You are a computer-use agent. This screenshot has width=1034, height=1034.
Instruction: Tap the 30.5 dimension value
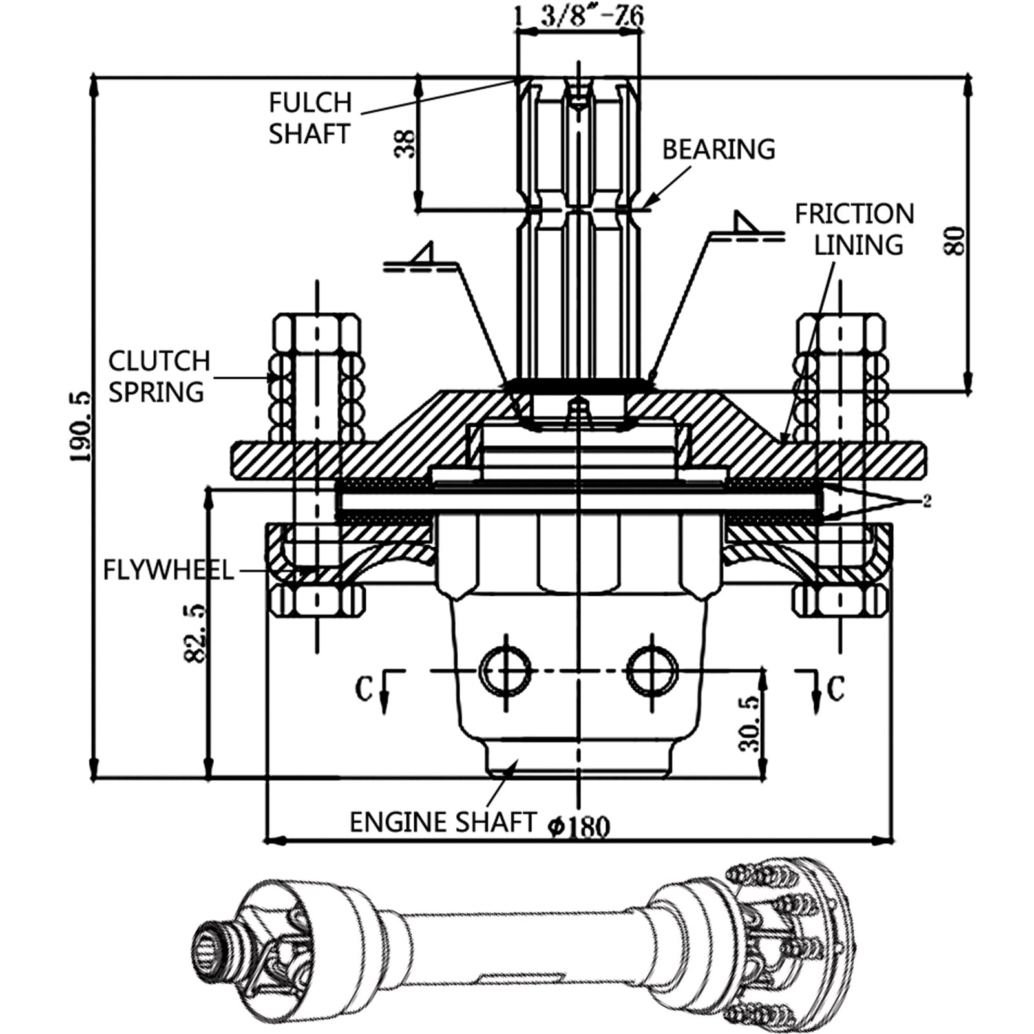[749, 724]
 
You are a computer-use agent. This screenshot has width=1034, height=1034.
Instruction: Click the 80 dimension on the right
[956, 240]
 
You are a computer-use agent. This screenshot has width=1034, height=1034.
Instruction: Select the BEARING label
[718, 149]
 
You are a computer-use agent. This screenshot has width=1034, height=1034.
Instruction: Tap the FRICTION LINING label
[855, 229]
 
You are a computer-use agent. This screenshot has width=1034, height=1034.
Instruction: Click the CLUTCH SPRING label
[159, 376]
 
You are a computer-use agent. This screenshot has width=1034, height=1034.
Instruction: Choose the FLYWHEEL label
[168, 571]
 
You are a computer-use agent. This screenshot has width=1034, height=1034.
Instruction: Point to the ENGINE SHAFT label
[443, 822]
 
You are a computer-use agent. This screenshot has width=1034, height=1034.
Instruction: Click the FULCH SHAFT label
[310, 118]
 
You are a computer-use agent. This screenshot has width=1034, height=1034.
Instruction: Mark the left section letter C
[364, 689]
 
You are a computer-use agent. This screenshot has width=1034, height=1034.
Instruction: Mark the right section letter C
[836, 689]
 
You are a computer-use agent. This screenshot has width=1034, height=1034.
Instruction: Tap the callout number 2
[926, 501]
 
